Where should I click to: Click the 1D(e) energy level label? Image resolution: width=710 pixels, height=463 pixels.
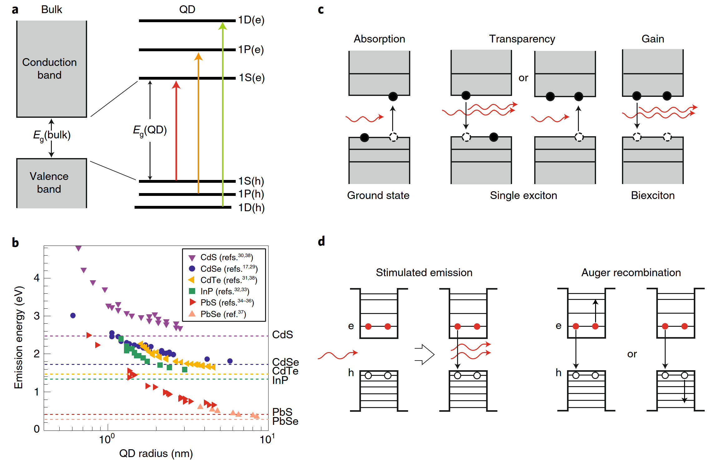click(x=251, y=20)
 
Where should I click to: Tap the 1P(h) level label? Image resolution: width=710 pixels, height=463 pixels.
click(x=251, y=194)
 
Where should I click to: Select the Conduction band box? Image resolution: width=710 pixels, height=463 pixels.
click(x=52, y=69)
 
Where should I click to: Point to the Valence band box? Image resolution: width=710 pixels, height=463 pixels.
click(x=52, y=183)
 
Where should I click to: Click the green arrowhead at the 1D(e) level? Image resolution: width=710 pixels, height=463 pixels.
click(x=223, y=25)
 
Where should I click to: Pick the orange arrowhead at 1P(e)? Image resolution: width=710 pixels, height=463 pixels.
click(x=198, y=56)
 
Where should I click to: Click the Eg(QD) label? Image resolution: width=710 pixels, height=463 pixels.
click(x=150, y=130)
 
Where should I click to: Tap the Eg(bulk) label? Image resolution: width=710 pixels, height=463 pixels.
click(x=52, y=136)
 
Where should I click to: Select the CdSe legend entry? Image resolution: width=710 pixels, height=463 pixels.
click(x=223, y=269)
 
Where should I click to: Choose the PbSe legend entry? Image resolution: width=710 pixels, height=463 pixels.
click(x=218, y=314)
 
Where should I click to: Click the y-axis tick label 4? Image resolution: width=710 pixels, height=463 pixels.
click(x=37, y=278)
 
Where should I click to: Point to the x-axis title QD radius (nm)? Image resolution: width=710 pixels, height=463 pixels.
click(x=156, y=453)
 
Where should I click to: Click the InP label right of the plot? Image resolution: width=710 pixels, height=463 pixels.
click(x=280, y=380)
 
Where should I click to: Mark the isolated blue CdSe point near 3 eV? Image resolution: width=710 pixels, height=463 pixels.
click(x=73, y=316)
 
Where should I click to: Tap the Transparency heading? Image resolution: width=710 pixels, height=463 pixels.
click(x=522, y=39)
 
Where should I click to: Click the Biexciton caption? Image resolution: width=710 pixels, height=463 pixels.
click(x=653, y=196)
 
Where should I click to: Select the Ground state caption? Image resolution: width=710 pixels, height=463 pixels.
click(x=378, y=196)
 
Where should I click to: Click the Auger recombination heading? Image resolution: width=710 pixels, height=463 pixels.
click(x=631, y=272)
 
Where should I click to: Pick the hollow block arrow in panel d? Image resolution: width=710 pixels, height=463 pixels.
click(x=424, y=354)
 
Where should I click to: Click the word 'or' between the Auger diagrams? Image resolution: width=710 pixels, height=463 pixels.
click(x=632, y=354)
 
